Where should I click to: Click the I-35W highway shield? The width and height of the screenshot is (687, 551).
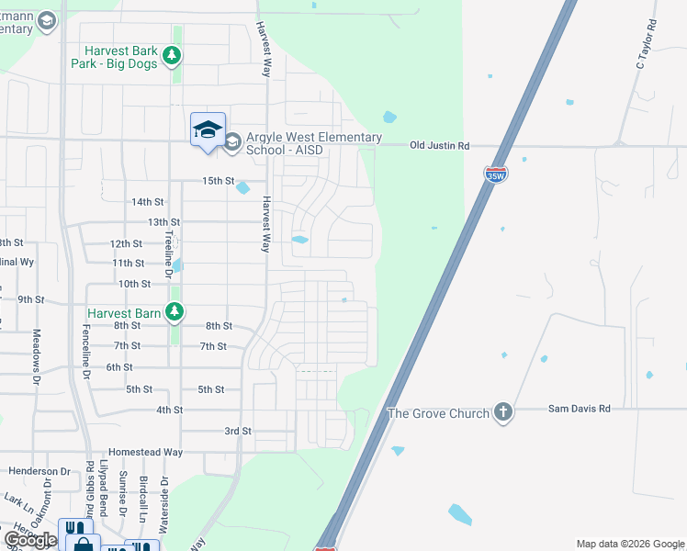tap(496, 174)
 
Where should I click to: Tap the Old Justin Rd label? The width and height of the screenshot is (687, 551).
tap(439, 145)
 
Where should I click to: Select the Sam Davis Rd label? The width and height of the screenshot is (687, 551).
tap(579, 408)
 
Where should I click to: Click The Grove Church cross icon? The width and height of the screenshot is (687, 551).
tap(502, 412)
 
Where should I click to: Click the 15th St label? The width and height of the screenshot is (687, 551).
tap(220, 180)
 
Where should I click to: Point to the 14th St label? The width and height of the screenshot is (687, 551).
tap(147, 201)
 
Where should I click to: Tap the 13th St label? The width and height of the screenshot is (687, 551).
tap(163, 222)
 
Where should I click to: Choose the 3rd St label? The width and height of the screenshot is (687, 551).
tap(237, 431)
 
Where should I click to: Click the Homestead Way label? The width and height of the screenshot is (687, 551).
tap(145, 453)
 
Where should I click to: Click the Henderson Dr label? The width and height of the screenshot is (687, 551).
tap(39, 471)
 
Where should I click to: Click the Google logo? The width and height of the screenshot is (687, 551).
tap(30, 540)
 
